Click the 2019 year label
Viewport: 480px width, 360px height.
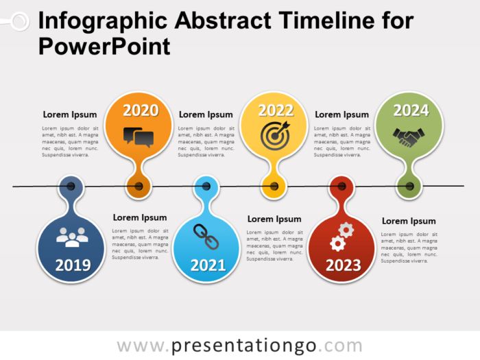click(72, 265)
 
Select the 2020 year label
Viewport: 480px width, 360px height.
click(141, 110)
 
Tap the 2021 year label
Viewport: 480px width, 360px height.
click(207, 265)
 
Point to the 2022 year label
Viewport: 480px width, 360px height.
click(276, 110)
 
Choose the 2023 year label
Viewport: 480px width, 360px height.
click(343, 265)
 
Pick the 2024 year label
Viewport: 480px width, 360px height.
click(411, 110)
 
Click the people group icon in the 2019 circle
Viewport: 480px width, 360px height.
click(72, 237)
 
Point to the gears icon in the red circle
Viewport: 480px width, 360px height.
click(341, 236)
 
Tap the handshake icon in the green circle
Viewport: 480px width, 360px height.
click(409, 137)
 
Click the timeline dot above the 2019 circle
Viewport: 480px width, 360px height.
click(71, 186)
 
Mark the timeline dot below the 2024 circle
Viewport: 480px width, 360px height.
click(409, 186)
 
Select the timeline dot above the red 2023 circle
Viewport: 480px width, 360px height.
click(341, 186)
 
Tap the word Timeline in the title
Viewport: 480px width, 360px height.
click(313, 21)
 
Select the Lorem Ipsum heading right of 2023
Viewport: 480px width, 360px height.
click(409, 221)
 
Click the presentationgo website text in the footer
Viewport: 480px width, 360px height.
click(239, 345)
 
